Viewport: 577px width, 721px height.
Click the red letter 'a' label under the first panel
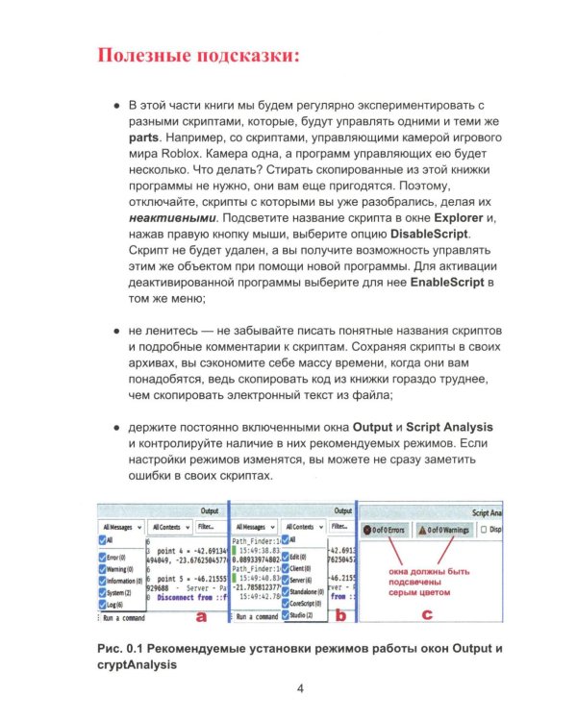coord(201,615)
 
